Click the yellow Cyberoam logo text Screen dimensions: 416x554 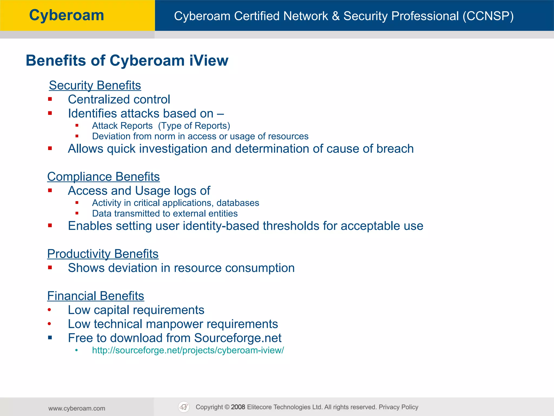pos(67,15)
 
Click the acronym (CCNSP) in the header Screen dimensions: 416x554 pos(488,16)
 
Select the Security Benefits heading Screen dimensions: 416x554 pos(95,85)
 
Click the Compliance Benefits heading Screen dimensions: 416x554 pos(103,177)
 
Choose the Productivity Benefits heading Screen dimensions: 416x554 pos(103,254)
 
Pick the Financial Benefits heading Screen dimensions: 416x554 pos(95,296)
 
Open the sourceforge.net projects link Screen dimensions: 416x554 pos(188,350)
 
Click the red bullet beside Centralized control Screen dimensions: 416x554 pos(50,99)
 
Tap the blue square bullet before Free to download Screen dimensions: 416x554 pos(50,338)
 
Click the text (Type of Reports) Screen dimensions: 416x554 pos(194,126)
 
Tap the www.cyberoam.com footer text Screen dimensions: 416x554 pos(77,408)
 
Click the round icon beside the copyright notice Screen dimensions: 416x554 pos(184,407)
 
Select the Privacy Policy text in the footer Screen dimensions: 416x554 pos(398,407)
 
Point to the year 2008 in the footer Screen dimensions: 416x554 pos(238,407)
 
